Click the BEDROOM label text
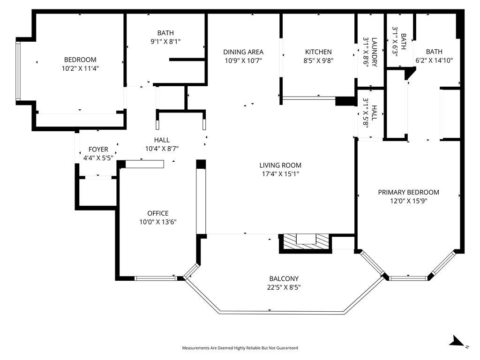point(80,60)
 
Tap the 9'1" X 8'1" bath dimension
point(165,42)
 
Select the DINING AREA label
point(243,52)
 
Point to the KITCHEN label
point(318,52)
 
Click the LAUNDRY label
point(375,52)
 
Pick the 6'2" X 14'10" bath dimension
point(434,60)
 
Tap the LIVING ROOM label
point(280,165)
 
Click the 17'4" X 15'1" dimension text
point(280,174)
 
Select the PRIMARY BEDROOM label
point(409,192)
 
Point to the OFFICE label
point(158,213)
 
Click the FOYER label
point(98,150)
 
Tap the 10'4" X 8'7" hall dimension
point(162,149)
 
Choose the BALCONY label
point(284,279)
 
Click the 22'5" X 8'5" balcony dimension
point(284,287)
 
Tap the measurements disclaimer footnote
point(240,348)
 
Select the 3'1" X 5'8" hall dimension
point(366,112)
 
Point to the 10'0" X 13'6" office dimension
point(158,222)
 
